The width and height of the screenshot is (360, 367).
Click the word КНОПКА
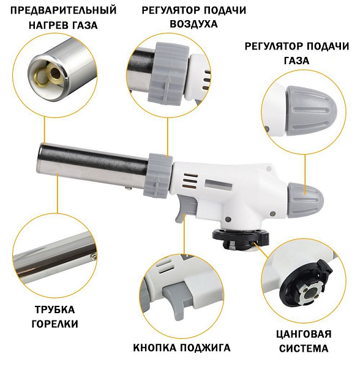[157, 348]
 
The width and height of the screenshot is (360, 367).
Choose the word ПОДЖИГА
[206, 348]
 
